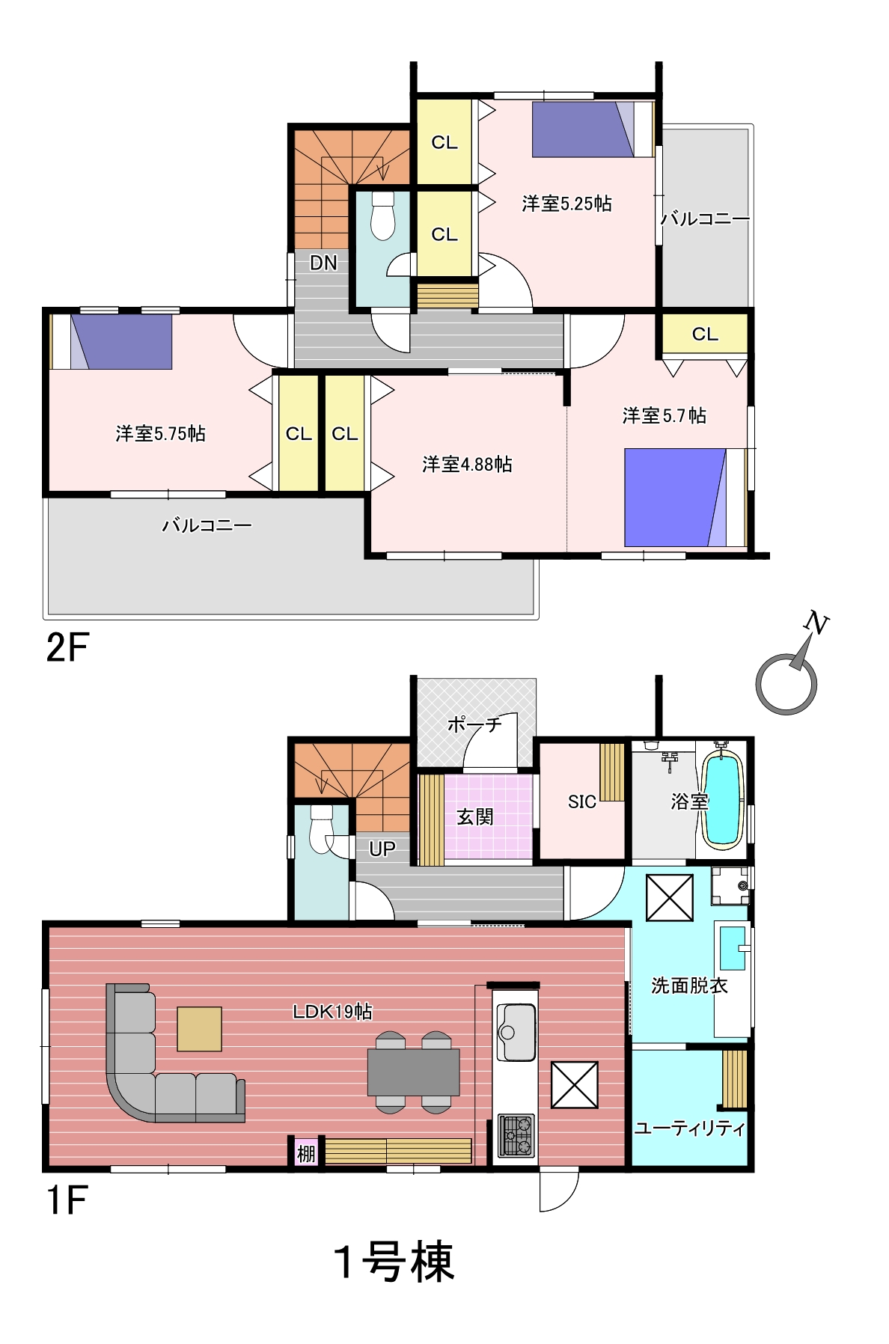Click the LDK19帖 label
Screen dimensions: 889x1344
(332, 1011)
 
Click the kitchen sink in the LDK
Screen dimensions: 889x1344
(516, 1032)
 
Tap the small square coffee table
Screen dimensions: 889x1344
(199, 1029)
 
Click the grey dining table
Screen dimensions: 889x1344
(413, 1072)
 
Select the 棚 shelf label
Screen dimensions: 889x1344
(306, 1153)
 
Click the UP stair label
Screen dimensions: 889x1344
(382, 849)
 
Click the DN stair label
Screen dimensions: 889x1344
(323, 263)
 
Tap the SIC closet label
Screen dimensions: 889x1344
(581, 801)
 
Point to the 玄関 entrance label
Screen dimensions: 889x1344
(475, 816)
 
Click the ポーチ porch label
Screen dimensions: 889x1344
(474, 724)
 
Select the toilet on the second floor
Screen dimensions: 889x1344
(382, 216)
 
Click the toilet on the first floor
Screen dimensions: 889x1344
(321, 829)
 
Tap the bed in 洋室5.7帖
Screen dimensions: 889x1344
(685, 497)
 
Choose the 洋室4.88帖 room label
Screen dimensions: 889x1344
(467, 464)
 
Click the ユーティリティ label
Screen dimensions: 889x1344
(689, 1128)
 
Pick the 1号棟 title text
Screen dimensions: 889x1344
(394, 1261)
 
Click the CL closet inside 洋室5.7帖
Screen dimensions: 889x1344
(704, 334)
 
